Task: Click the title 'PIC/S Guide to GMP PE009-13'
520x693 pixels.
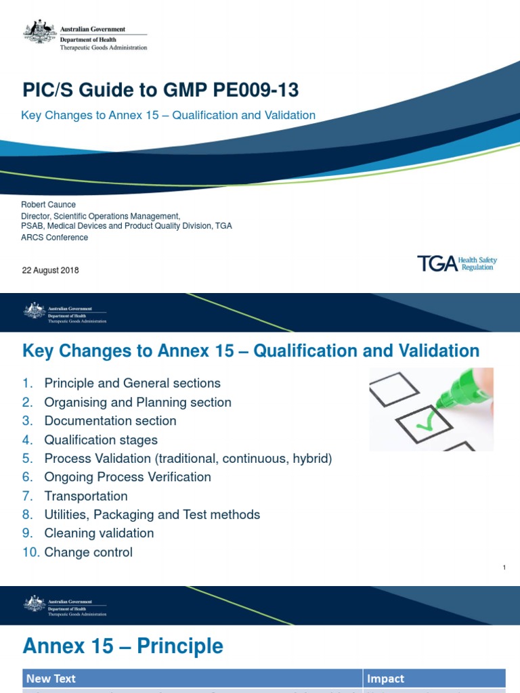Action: pos(160,90)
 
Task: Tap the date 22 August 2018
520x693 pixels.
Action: pos(51,270)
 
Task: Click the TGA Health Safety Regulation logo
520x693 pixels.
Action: pos(456,263)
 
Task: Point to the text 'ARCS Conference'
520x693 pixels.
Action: pos(55,238)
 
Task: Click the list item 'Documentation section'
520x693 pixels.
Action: pos(110,421)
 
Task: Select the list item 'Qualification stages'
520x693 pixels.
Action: pos(100,440)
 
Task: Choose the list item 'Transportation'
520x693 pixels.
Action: pos(85,496)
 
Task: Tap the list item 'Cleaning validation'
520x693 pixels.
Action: pos(99,533)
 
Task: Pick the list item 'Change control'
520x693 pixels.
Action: pos(88,552)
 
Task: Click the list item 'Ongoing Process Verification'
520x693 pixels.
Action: pos(127,477)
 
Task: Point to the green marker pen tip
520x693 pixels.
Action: pos(441,402)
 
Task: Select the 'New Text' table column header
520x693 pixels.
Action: pos(51,678)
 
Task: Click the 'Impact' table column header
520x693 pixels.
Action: pos(385,678)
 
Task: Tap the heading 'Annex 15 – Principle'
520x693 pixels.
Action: pos(123,646)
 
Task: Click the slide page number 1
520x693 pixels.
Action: pos(505,567)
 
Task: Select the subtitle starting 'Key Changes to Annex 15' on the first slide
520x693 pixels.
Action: pos(168,115)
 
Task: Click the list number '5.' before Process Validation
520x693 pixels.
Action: pos(28,459)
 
